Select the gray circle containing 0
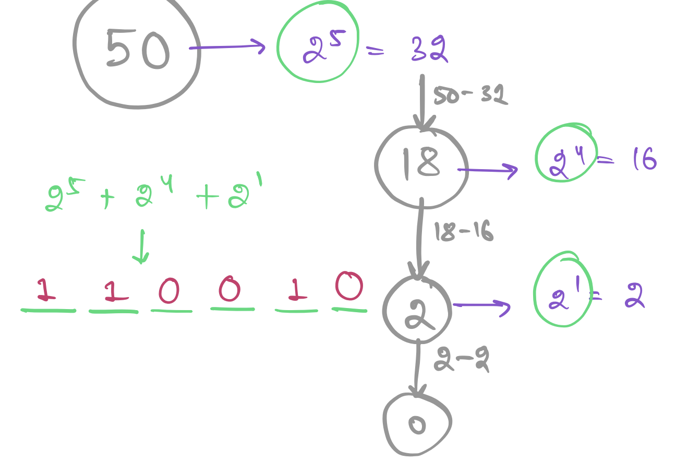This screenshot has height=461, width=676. point(417,424)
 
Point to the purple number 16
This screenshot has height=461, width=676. point(644,159)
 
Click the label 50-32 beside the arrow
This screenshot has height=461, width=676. point(470,95)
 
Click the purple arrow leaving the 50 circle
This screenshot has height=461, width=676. point(227,48)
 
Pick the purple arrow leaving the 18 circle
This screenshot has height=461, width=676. point(488,170)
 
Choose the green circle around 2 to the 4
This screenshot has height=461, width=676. point(565,152)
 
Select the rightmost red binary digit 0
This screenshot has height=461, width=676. point(349,286)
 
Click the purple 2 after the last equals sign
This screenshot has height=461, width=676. point(634,297)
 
